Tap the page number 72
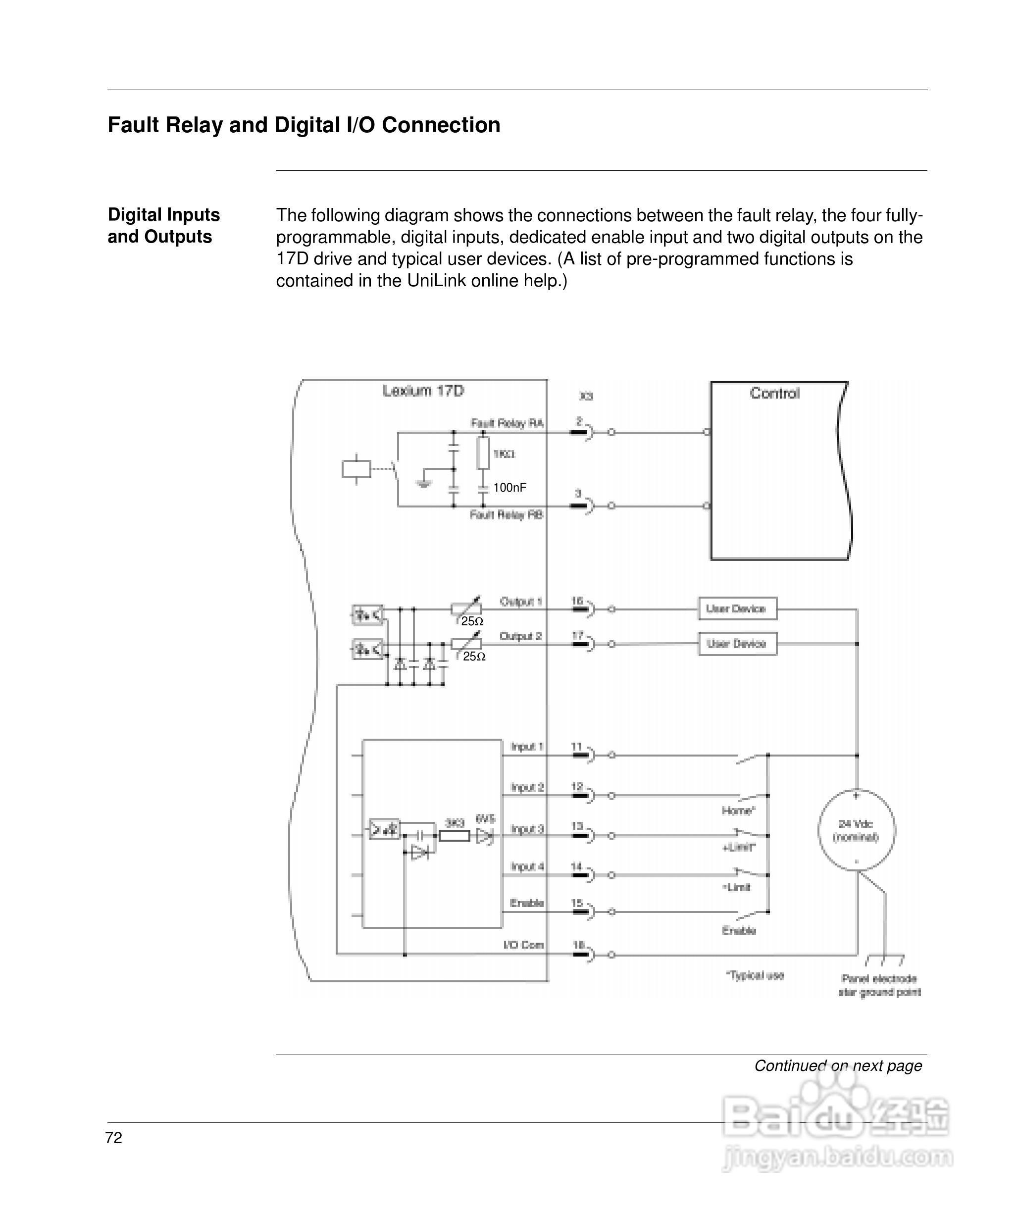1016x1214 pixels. coord(113,1138)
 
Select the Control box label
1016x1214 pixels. coord(774,393)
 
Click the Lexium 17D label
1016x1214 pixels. coord(423,391)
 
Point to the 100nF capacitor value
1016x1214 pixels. coord(509,487)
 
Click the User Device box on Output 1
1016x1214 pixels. coord(737,609)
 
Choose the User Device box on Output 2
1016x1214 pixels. coord(737,644)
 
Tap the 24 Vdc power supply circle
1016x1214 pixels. coord(856,830)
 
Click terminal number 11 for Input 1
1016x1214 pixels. coord(576,746)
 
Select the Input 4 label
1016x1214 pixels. coord(527,866)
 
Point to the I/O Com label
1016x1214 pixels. coord(523,945)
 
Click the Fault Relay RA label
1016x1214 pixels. coord(507,423)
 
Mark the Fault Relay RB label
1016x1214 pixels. coord(506,514)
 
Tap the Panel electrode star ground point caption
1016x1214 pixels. coord(879,986)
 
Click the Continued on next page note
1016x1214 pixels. coord(838,1065)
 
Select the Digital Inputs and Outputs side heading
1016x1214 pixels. coord(164,225)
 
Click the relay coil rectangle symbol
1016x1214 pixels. coord(356,468)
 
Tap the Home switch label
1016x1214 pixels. coord(738,810)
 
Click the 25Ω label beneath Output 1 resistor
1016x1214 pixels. coord(472,621)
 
